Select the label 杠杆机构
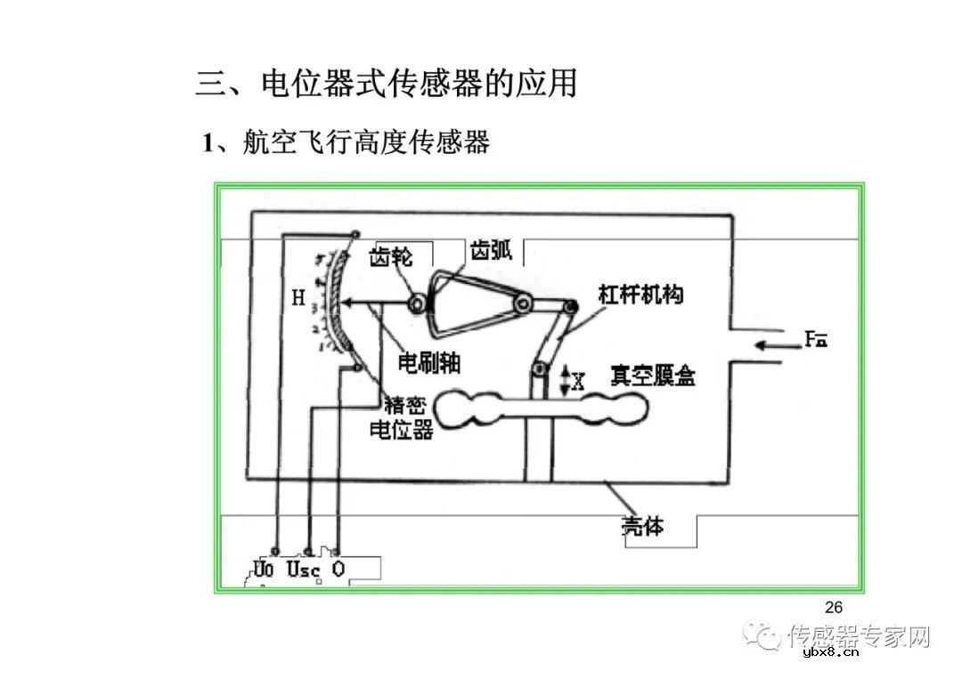click(641, 295)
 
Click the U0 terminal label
click(264, 568)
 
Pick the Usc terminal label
click(303, 569)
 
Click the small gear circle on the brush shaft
click(416, 304)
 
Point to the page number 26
click(834, 608)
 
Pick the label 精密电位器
click(401, 416)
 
